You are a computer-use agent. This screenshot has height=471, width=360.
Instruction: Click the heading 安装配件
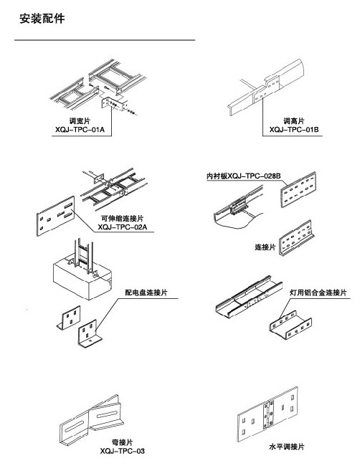coord(42,19)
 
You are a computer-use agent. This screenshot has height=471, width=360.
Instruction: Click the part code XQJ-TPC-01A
coord(80,130)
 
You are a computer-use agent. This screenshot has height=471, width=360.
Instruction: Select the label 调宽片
coord(80,121)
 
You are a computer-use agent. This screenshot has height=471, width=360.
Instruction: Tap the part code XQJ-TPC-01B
coord(293,130)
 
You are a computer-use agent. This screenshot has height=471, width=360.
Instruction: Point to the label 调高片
coord(293,121)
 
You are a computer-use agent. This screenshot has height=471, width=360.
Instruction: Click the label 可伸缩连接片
coord(122,219)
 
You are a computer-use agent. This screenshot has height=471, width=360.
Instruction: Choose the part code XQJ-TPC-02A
coord(123,227)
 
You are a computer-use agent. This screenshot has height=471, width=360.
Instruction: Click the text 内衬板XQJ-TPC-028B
coord(243,176)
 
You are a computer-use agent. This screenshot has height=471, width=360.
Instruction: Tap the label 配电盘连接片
coord(146,292)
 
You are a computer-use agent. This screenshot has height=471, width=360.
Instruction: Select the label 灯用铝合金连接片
coord(318,292)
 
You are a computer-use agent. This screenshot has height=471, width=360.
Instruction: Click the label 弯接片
coord(122,442)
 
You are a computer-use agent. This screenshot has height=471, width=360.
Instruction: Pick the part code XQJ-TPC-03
coord(123,451)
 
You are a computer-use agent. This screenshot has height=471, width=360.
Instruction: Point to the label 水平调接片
coord(286,447)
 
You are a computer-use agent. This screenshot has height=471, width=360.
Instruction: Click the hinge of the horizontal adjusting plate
coord(268,414)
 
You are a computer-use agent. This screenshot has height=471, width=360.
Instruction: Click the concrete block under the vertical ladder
coord(82,280)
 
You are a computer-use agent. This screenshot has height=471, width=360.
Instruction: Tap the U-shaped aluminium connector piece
coord(290,325)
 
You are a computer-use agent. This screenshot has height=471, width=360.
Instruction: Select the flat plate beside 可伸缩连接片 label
coord(56,216)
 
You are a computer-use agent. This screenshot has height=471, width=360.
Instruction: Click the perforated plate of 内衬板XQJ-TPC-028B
coord(298,189)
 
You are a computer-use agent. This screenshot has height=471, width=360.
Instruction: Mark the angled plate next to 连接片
coord(296,239)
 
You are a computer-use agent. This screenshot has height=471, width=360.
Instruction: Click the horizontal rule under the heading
coord(105,40)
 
